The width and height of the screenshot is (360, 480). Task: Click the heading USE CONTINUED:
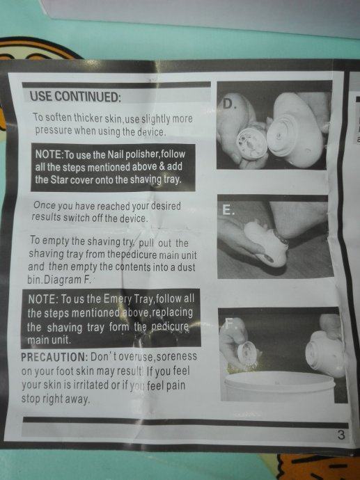point(75,97)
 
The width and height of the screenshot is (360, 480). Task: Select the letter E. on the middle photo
point(228,210)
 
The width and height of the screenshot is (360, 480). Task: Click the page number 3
point(341,435)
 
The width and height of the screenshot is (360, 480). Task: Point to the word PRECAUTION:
point(54,357)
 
